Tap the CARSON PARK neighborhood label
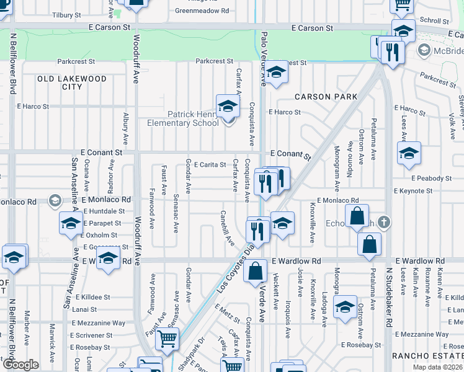point(326,97)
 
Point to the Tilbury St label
point(68,15)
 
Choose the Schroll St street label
point(430,20)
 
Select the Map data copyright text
point(437,367)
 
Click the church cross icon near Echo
point(384,222)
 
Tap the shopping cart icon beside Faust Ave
point(167,339)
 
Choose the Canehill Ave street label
point(225,226)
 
